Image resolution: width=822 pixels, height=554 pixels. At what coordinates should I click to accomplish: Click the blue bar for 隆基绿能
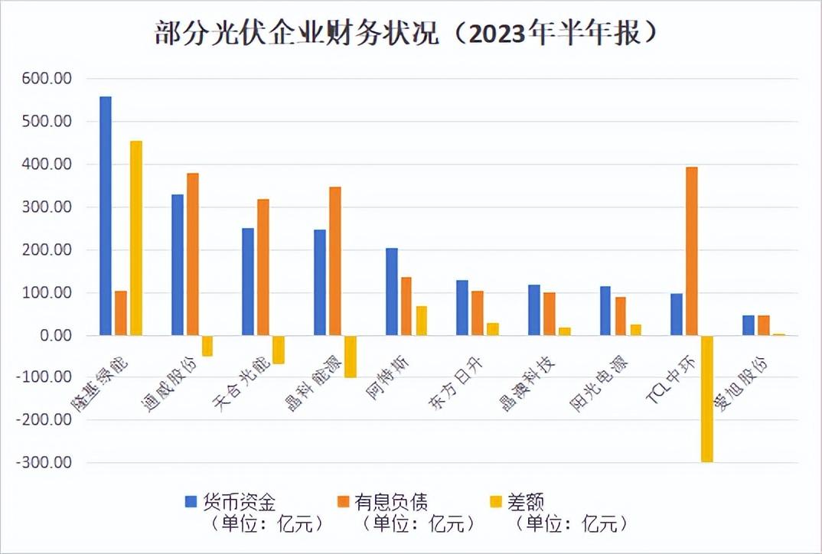[x=106, y=216]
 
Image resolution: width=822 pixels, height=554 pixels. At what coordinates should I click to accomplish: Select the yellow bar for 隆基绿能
[x=136, y=238]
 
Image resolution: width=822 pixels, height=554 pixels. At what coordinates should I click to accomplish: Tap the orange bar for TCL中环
[x=692, y=251]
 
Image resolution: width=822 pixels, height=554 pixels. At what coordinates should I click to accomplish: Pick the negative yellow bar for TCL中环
[x=706, y=399]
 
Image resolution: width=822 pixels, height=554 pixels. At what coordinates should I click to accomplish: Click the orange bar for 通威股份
[x=193, y=254]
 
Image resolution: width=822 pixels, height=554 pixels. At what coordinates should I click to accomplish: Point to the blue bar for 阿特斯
[x=391, y=292]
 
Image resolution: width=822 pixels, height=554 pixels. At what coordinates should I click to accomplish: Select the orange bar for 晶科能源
[x=335, y=261]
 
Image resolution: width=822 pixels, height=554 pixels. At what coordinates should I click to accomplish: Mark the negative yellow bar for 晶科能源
[x=351, y=357]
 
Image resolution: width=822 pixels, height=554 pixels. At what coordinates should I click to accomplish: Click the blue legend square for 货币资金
[x=191, y=502]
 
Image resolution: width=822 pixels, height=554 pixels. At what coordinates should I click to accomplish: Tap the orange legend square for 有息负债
[x=343, y=502]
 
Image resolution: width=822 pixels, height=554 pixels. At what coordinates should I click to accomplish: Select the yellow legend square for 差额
[x=496, y=502]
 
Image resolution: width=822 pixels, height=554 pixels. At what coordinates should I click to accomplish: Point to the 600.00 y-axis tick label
[x=47, y=79]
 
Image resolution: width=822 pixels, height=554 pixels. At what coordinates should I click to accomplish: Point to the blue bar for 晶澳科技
[x=533, y=310]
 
